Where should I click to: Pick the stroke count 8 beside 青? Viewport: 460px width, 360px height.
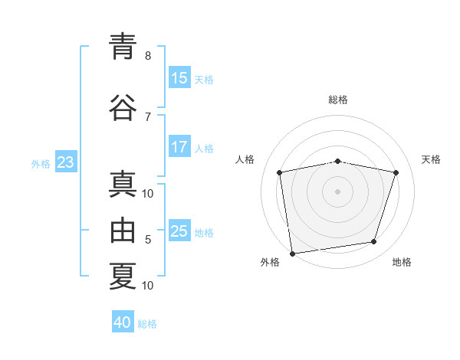pyautogui.click(x=148, y=56)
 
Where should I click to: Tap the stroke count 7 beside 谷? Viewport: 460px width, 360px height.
pyautogui.click(x=148, y=116)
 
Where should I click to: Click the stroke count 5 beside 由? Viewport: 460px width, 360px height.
pyautogui.click(x=148, y=240)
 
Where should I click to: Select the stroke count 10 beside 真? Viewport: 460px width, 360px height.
pyautogui.click(x=148, y=194)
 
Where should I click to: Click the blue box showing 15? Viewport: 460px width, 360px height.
pyautogui.click(x=179, y=78)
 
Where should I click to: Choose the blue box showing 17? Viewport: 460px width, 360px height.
pyautogui.click(x=179, y=147)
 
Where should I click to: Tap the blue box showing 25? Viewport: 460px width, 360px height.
pyautogui.click(x=179, y=231)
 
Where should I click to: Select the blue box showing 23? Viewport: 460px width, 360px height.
pyautogui.click(x=65, y=162)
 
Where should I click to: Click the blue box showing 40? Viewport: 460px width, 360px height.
pyautogui.click(x=123, y=322)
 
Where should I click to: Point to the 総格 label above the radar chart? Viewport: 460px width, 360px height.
pyautogui.click(x=338, y=100)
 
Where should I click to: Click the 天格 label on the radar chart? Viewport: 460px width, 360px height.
pyautogui.click(x=431, y=159)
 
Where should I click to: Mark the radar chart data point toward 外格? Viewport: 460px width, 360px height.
pyautogui.click(x=292, y=253)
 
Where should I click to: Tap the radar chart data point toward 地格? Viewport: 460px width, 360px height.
pyautogui.click(x=374, y=242)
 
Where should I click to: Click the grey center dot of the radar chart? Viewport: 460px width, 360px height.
pyautogui.click(x=338, y=191)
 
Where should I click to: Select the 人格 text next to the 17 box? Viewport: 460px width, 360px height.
pyautogui.click(x=204, y=149)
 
